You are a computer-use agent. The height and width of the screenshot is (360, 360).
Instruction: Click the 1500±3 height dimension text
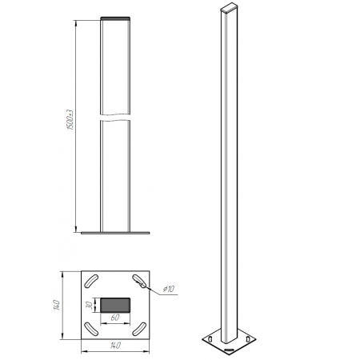(70, 120)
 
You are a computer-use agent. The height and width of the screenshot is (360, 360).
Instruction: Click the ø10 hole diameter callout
(169, 289)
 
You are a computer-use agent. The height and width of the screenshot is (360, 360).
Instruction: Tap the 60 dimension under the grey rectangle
(115, 318)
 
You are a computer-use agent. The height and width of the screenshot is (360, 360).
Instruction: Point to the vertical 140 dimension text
(57, 305)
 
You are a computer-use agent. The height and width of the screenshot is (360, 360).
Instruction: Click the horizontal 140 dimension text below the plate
(115, 346)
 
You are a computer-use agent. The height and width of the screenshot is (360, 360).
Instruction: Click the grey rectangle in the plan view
(115, 305)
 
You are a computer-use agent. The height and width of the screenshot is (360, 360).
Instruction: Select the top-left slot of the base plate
(91, 281)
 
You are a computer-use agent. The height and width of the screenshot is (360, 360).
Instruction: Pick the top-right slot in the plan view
(139, 281)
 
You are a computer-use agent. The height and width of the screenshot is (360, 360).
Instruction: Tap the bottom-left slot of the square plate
(91, 329)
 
